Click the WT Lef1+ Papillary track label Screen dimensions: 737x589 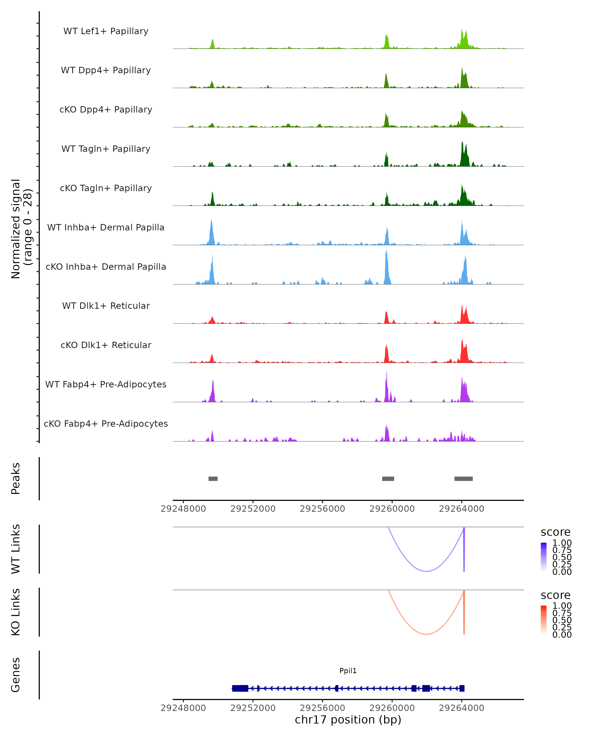(106, 31)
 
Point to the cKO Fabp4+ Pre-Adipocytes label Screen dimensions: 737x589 (106, 424)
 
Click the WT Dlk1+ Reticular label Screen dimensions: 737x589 (106, 306)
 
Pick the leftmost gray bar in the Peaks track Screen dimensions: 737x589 (213, 479)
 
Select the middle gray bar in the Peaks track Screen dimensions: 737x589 (388, 479)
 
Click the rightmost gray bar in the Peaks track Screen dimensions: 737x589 (463, 479)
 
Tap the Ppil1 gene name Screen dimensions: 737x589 (348, 670)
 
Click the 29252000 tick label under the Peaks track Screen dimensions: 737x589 (253, 509)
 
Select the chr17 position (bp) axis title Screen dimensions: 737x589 (348, 720)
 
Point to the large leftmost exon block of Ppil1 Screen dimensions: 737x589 (240, 688)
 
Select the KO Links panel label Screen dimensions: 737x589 (16, 612)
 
